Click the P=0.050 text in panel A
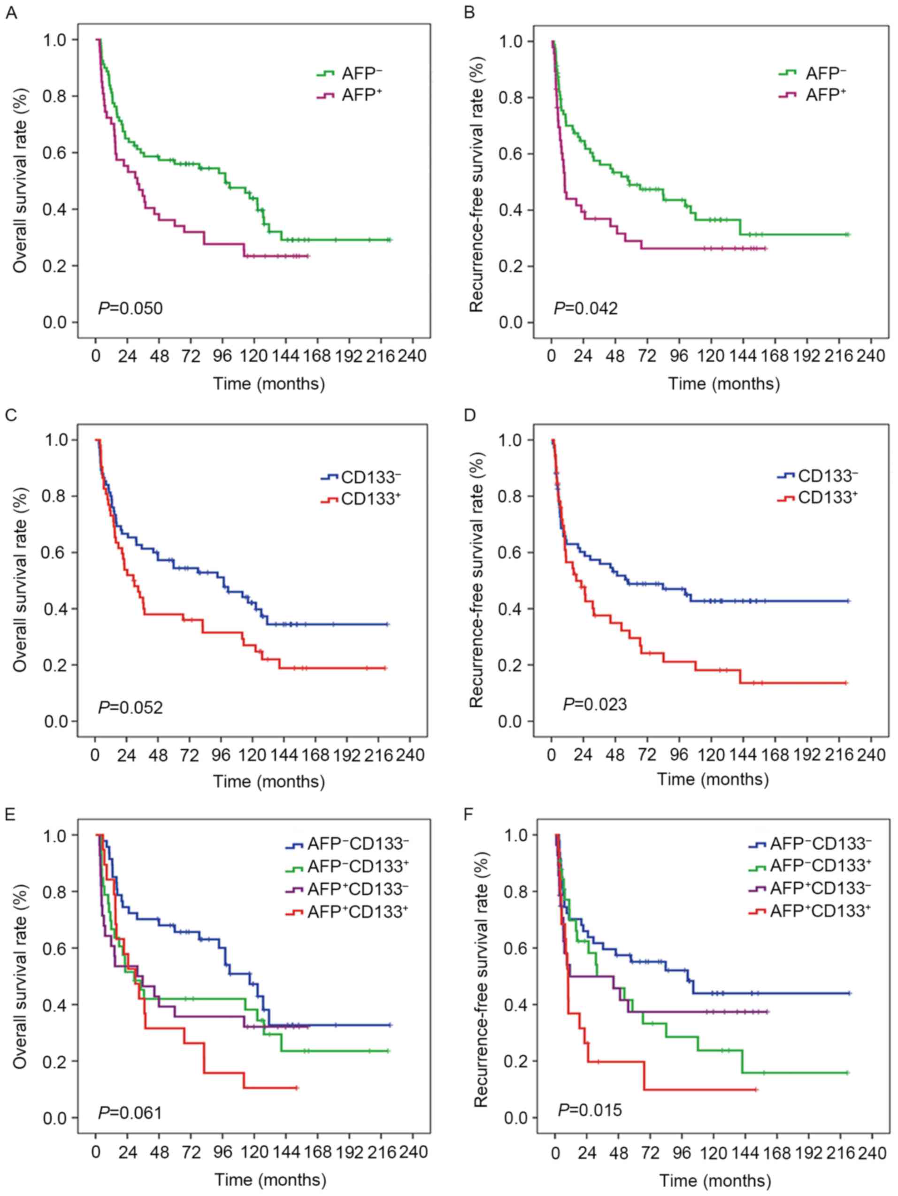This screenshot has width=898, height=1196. [x=130, y=309]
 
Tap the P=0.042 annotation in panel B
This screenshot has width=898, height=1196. [x=585, y=309]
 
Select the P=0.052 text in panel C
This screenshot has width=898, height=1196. [x=130, y=707]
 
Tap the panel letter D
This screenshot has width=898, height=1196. [x=469, y=415]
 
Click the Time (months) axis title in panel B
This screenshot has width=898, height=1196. [x=724, y=384]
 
